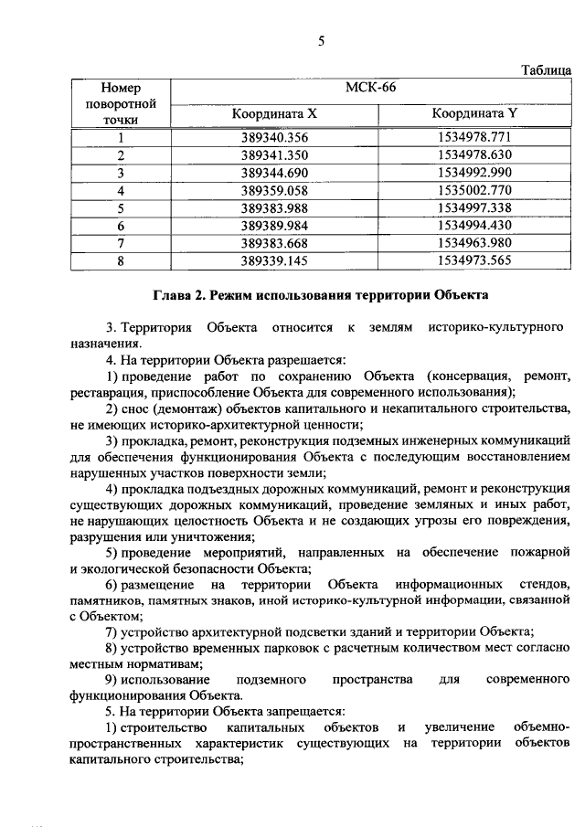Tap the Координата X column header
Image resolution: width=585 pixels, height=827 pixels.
274,114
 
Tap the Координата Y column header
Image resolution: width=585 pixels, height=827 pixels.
474,114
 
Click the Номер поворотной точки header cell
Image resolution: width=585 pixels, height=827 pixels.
120,103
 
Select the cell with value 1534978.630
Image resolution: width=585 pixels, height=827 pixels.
474,154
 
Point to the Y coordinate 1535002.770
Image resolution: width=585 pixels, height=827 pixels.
474,190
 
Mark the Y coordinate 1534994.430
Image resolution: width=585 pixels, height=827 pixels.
474,225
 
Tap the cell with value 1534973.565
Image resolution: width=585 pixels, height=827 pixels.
474,260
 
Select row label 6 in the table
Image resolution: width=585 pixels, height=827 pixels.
120,225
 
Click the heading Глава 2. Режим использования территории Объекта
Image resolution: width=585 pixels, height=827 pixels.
320,295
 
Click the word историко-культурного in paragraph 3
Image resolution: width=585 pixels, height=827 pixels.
493,327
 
